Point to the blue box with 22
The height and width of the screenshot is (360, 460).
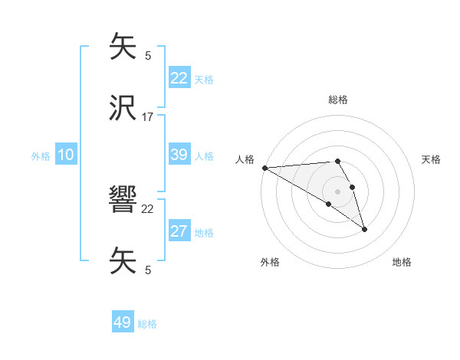179,77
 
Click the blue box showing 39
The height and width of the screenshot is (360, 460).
179,155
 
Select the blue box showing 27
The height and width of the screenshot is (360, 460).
179,231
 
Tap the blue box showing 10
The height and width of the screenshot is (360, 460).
66,155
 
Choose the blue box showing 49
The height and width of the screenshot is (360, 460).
123,322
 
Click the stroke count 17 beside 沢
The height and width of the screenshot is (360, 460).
148,117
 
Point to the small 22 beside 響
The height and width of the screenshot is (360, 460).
148,208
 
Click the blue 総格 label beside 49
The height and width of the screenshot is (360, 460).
147,324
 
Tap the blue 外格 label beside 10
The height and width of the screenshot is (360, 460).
41,155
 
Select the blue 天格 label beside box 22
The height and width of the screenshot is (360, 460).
203,79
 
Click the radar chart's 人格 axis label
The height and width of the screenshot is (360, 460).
245,159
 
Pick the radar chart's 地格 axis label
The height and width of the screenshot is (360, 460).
402,262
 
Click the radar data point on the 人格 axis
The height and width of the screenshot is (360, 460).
264,168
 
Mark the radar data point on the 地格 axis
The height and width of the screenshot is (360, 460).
364,229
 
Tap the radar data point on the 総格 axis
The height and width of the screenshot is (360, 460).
337,161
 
